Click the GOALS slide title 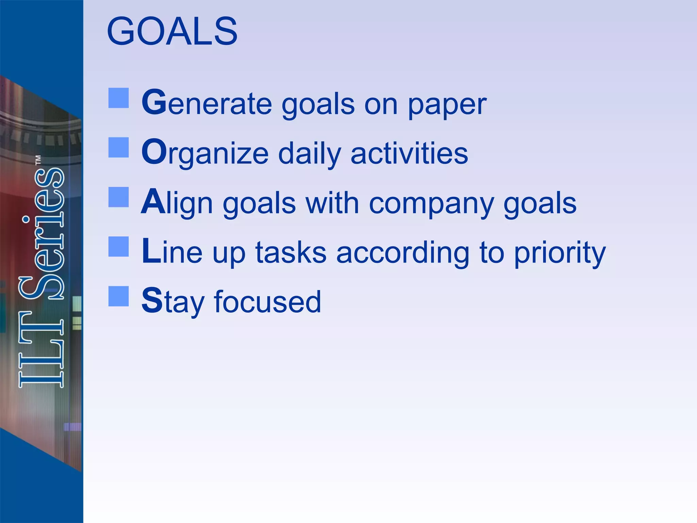(x=172, y=31)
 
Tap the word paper (x=447, y=106)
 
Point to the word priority (x=560, y=254)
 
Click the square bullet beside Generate (x=118, y=98)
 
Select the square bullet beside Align (x=118, y=197)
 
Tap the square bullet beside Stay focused (x=118, y=296)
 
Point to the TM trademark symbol (x=38, y=160)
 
